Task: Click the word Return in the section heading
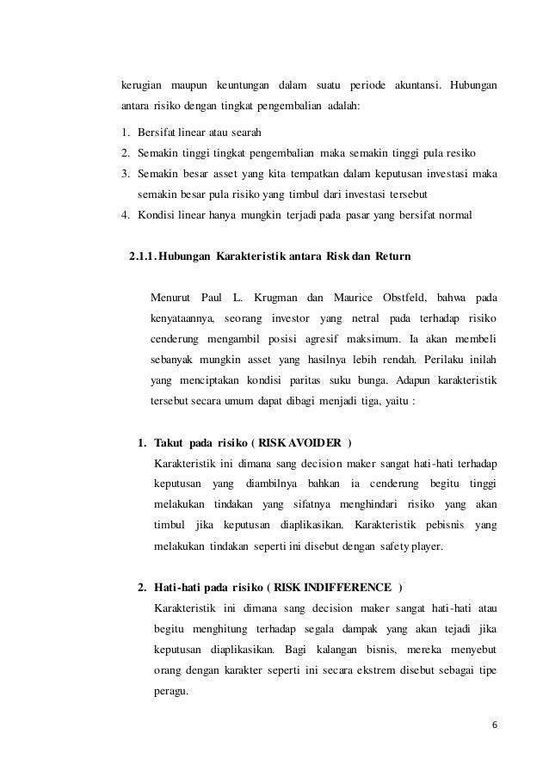[393, 256]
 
